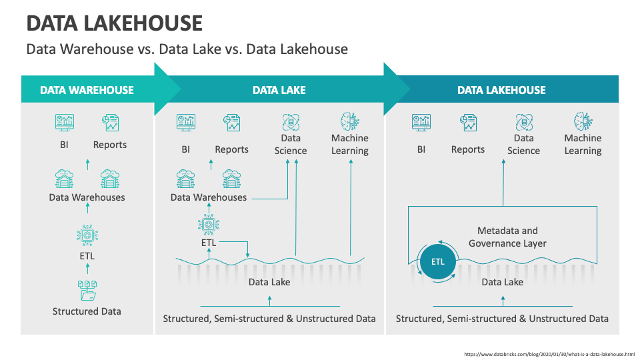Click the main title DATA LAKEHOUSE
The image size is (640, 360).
point(114,23)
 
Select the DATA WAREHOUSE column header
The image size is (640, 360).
point(87,90)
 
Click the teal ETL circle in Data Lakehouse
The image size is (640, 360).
point(437,261)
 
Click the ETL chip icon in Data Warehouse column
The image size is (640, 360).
point(87,234)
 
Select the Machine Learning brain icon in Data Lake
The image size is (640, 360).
point(349,121)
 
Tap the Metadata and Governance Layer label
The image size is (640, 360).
point(507,237)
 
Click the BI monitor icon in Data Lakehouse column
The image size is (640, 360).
point(421,122)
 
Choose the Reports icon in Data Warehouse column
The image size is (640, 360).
point(110,122)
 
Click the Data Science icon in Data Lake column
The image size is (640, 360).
point(291,121)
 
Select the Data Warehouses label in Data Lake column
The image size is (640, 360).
point(209,197)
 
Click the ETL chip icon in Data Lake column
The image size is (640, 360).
point(209,225)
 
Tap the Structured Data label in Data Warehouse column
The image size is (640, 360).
point(87,311)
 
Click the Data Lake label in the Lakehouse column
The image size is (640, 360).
point(502,282)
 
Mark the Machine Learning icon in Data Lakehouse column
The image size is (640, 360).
point(583,121)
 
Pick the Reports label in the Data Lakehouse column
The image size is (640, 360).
point(467,149)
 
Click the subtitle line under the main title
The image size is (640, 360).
point(187,49)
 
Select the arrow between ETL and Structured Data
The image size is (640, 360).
point(87,269)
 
